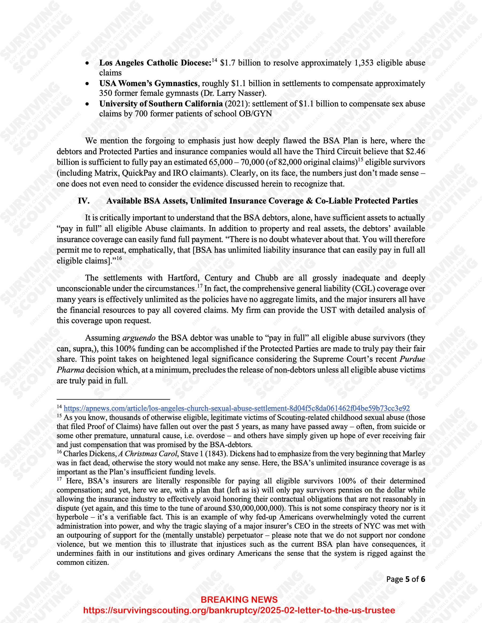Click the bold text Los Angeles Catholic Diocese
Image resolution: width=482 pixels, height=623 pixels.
tap(155, 63)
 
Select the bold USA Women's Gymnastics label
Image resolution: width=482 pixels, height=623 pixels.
tap(148, 83)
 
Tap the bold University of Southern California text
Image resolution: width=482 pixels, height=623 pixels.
tap(161, 104)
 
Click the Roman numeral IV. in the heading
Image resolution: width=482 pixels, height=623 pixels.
tap(84, 201)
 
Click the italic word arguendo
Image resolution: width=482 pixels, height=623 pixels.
tap(139, 338)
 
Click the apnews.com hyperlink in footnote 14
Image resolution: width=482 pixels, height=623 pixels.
tap(237, 408)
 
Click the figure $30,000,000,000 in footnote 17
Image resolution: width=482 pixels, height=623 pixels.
tap(257, 508)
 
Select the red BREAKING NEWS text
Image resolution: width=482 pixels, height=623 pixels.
tap(239, 600)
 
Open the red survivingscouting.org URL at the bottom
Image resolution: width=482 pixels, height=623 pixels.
tap(239, 610)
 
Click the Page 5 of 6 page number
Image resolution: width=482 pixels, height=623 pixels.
tap(405, 579)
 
